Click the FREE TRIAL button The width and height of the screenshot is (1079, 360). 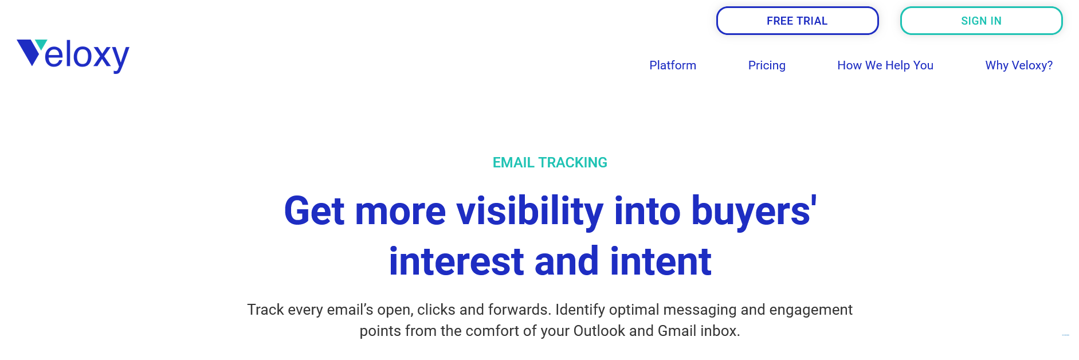pos(797,21)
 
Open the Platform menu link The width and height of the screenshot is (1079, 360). pos(673,65)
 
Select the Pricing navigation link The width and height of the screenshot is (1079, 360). pos(767,65)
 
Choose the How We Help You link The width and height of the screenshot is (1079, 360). pos(885,65)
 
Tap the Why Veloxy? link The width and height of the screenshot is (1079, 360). pos(1019,65)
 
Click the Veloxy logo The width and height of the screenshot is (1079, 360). pos(73,56)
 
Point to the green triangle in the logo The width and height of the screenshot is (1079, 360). pos(41,44)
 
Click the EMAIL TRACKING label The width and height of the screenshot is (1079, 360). pos(550,163)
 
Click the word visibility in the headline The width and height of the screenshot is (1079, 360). pos(530,211)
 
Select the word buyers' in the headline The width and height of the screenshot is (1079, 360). pos(754,211)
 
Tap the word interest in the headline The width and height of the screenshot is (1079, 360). pos(456,261)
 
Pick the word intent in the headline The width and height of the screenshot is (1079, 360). pos(661,261)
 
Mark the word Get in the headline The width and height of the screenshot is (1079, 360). pos(315,211)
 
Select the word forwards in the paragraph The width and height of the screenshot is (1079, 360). pos(519,310)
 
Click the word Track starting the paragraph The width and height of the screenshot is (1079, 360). pos(265,310)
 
